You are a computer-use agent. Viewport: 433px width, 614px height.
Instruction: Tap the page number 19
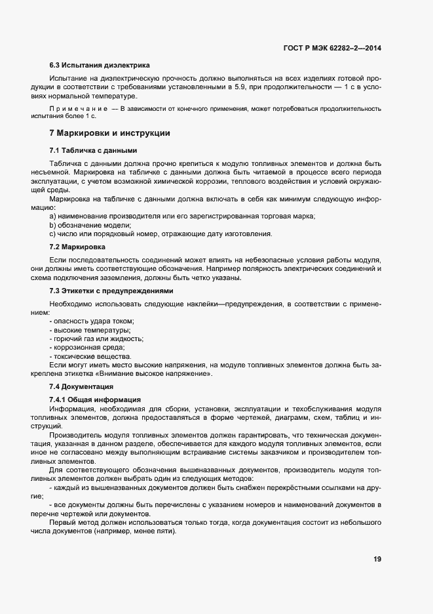pos(377,559)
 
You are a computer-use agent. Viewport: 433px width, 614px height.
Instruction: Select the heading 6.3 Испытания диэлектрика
pos(100,66)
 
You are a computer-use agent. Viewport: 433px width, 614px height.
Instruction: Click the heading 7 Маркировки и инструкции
pos(109,133)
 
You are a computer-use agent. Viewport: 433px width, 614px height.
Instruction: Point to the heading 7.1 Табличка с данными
pos(93,150)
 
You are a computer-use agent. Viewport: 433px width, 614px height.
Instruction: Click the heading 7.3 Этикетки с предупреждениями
pos(111,291)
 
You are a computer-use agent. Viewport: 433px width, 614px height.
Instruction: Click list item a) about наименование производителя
pos(182,216)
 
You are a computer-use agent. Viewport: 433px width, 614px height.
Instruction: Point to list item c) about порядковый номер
pos(160,234)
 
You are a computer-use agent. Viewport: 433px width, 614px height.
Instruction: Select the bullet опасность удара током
pos(92,321)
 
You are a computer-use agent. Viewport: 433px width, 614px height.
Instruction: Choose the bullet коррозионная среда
pos(86,348)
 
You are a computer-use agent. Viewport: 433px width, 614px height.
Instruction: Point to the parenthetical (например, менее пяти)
pos(136,530)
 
